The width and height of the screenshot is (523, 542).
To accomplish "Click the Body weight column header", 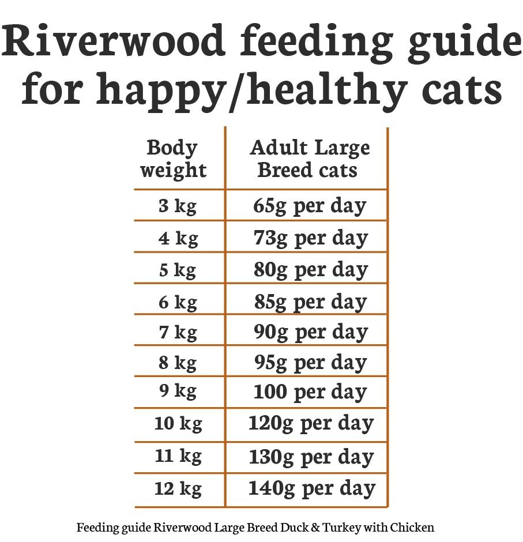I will click(x=173, y=159).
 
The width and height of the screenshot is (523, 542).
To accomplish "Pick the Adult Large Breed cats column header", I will click(x=309, y=159).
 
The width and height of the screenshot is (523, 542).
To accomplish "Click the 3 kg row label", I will click(x=178, y=206).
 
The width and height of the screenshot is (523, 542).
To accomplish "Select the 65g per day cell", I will click(x=310, y=206).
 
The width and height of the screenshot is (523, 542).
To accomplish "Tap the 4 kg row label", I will click(x=178, y=238).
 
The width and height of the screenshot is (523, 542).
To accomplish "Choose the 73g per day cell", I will click(x=310, y=238).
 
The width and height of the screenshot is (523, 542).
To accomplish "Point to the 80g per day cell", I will click(x=310, y=270).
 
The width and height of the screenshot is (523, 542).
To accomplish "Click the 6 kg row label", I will click(x=178, y=302).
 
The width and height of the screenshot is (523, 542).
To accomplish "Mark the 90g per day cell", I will click(x=310, y=333).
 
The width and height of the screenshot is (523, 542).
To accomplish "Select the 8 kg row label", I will click(x=178, y=363).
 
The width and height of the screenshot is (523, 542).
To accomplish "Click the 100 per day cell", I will click(x=310, y=392).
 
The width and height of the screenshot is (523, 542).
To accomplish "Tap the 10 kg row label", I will click(x=178, y=424).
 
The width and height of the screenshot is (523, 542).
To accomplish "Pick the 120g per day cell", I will click(x=311, y=424).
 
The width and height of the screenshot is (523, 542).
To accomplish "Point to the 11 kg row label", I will click(x=178, y=457).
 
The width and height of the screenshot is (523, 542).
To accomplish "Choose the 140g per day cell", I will click(x=311, y=489).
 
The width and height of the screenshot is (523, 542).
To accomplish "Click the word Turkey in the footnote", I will click(x=342, y=528).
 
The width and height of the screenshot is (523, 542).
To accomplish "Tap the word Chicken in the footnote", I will click(x=412, y=528).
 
